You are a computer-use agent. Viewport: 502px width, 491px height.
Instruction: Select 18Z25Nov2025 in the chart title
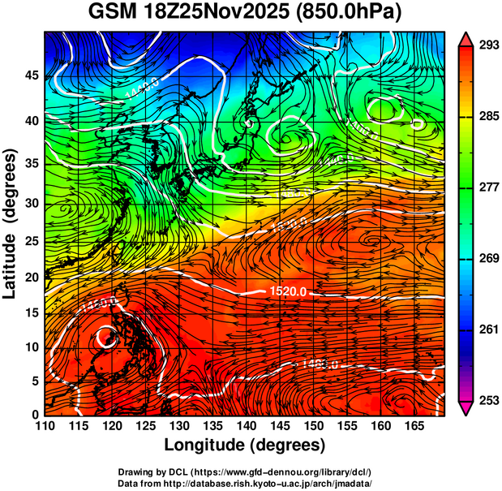click(223, 13)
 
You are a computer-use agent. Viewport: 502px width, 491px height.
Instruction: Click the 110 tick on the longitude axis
click(44, 425)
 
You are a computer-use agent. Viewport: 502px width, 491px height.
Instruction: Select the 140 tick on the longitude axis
click(246, 425)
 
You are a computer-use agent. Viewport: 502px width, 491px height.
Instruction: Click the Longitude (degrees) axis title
click(245, 445)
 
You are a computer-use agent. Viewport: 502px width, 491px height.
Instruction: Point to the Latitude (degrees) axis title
click(11, 222)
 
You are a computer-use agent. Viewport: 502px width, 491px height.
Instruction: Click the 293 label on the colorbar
click(487, 45)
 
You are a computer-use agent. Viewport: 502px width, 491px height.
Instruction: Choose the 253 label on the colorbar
click(487, 401)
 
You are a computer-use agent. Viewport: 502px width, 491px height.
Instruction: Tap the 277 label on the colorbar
click(487, 187)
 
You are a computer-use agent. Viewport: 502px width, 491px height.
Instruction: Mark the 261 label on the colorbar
click(487, 329)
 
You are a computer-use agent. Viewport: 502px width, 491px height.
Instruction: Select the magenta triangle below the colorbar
click(466, 408)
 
